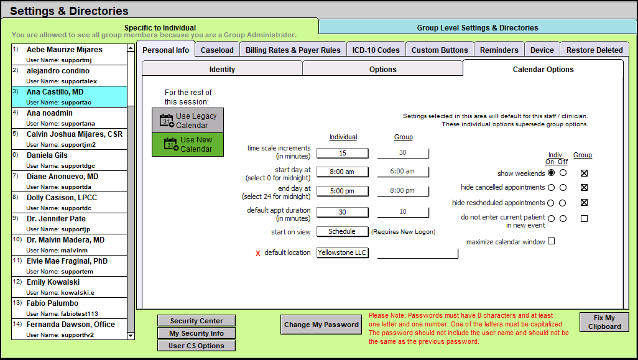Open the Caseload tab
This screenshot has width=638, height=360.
click(217, 50)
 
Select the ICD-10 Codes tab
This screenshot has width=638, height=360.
click(376, 50)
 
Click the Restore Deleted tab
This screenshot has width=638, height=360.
click(594, 50)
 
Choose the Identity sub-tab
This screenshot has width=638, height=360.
click(222, 69)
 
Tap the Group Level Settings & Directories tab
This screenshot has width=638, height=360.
click(478, 27)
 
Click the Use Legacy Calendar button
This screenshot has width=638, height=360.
click(188, 121)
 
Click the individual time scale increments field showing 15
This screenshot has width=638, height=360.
click(343, 153)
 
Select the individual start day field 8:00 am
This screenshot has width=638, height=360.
click(343, 172)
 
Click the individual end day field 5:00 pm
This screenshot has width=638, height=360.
click(343, 191)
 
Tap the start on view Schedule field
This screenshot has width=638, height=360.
click(343, 231)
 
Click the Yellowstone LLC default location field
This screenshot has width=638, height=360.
click(343, 252)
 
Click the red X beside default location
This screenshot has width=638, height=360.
click(258, 254)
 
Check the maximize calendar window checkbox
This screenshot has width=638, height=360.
click(552, 241)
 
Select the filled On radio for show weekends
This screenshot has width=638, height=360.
click(552, 172)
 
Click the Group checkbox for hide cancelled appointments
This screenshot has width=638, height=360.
click(585, 188)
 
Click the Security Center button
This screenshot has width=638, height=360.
click(196, 321)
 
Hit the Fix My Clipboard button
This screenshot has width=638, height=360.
click(604, 322)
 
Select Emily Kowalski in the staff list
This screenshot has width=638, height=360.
click(69, 287)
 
